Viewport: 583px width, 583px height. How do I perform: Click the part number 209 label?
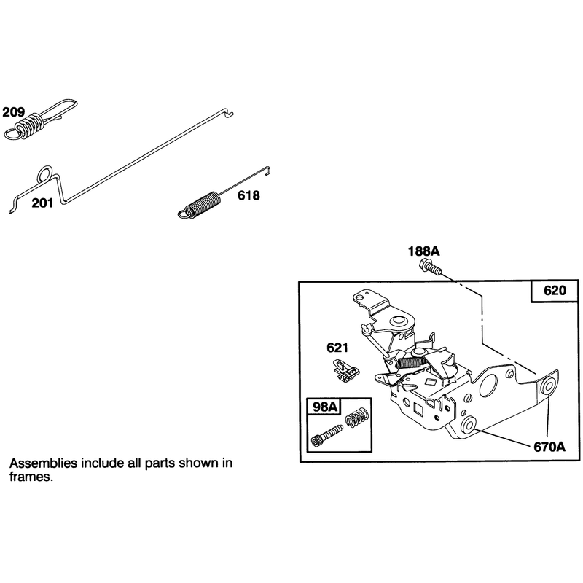(x=14, y=112)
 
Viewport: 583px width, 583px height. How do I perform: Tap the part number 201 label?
(x=42, y=203)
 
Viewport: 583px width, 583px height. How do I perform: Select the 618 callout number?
(x=249, y=195)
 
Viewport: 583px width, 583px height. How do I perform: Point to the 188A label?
(x=423, y=251)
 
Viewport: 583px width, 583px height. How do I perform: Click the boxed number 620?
(x=555, y=290)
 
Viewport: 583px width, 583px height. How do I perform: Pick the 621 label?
(x=337, y=348)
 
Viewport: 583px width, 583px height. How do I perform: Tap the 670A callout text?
(x=549, y=447)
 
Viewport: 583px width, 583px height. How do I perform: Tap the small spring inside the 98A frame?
(x=357, y=417)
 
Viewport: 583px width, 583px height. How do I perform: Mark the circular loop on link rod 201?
(x=45, y=173)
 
